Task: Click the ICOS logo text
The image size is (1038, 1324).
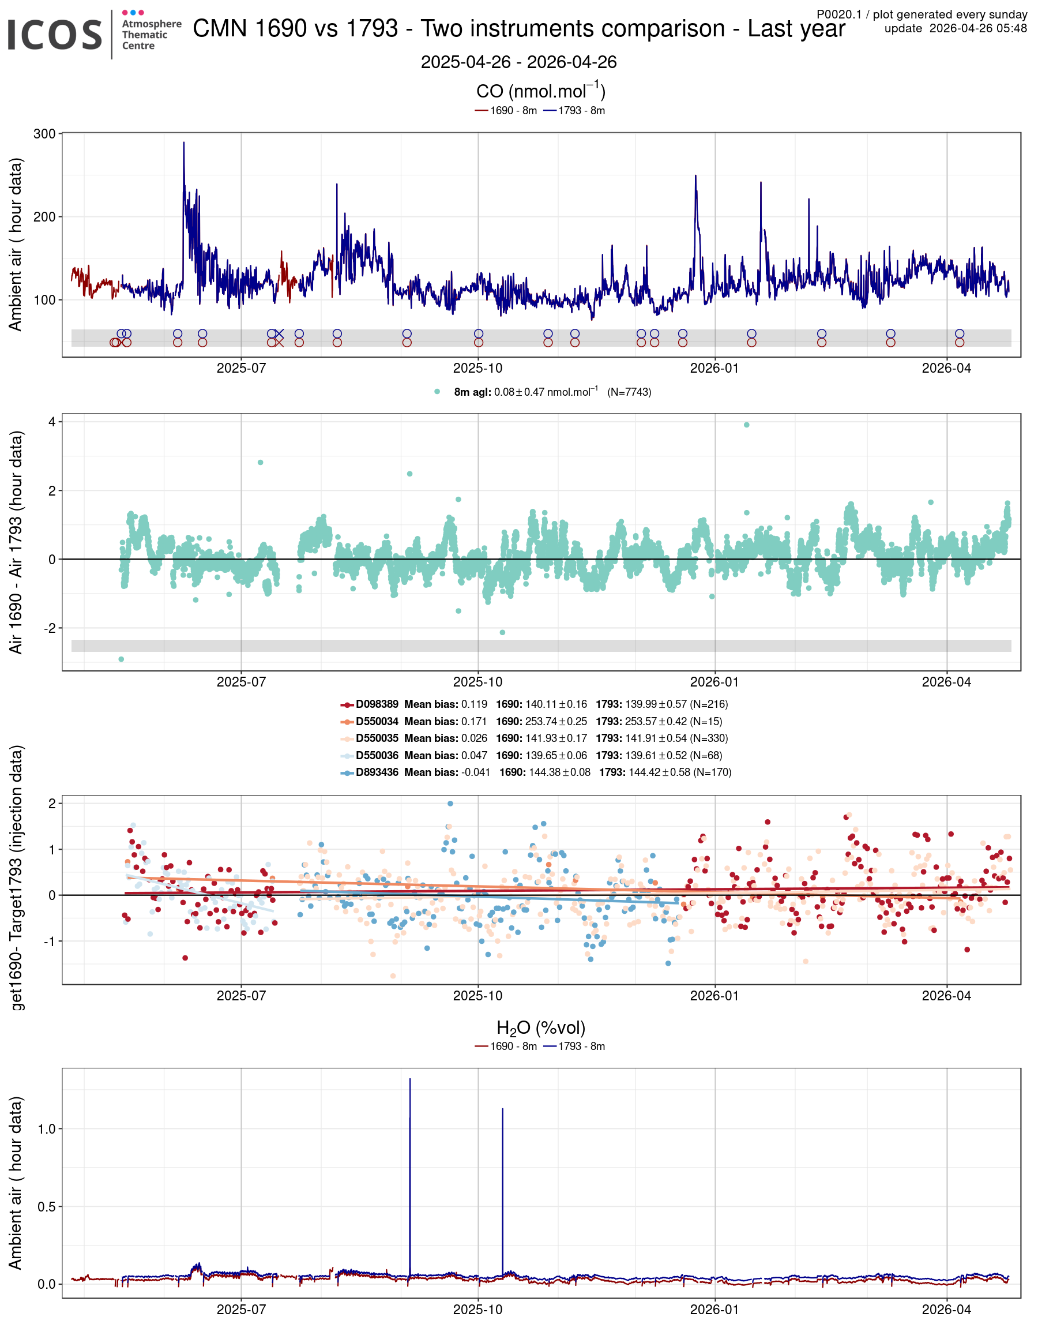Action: (55, 35)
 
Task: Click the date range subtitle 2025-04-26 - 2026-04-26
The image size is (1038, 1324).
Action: (518, 62)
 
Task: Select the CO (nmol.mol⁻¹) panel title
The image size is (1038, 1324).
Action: (540, 91)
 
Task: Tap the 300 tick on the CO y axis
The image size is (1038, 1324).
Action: (44, 134)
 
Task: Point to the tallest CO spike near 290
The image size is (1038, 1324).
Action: (183, 144)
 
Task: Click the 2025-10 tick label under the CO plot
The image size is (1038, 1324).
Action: (477, 368)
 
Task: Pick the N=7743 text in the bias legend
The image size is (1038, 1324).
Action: (629, 392)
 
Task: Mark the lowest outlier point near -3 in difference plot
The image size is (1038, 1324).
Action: (121, 659)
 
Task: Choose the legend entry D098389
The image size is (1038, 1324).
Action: (377, 704)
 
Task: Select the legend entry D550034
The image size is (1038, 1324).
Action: (377, 721)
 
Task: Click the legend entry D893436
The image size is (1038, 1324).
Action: (377, 772)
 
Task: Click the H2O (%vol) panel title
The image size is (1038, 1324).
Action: (540, 1028)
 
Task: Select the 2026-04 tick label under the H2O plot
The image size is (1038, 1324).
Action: (946, 1309)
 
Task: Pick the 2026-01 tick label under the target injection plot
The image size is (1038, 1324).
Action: (714, 996)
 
